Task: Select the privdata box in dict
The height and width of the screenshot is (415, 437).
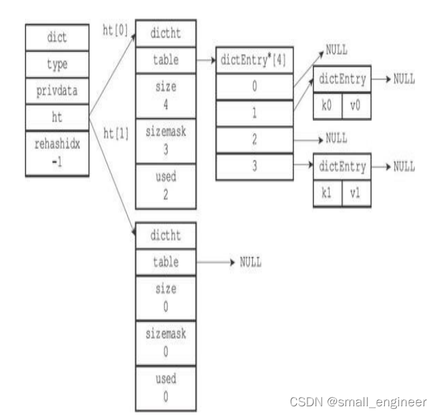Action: click(x=57, y=90)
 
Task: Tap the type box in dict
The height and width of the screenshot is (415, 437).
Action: click(x=57, y=65)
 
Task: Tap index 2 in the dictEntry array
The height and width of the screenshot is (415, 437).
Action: click(x=254, y=140)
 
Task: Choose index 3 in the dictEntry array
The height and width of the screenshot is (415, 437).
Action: click(x=254, y=166)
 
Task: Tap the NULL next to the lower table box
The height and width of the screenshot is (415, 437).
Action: click(x=250, y=262)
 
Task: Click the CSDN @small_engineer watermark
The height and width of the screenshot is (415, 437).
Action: click(x=358, y=402)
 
